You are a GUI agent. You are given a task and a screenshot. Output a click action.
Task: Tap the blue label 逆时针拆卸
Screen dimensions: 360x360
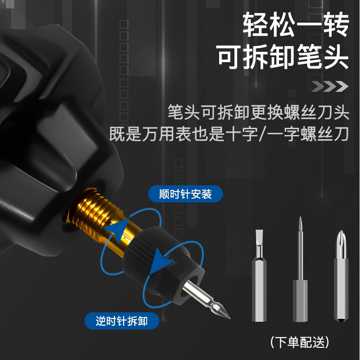click(x=121, y=321)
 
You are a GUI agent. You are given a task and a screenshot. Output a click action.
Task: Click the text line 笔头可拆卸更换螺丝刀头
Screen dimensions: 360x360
click(x=258, y=112)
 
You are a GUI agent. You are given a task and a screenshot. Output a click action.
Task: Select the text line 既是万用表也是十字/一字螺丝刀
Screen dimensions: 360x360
click(x=229, y=134)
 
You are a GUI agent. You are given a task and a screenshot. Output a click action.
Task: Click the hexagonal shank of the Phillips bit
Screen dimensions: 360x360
click(x=341, y=288)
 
